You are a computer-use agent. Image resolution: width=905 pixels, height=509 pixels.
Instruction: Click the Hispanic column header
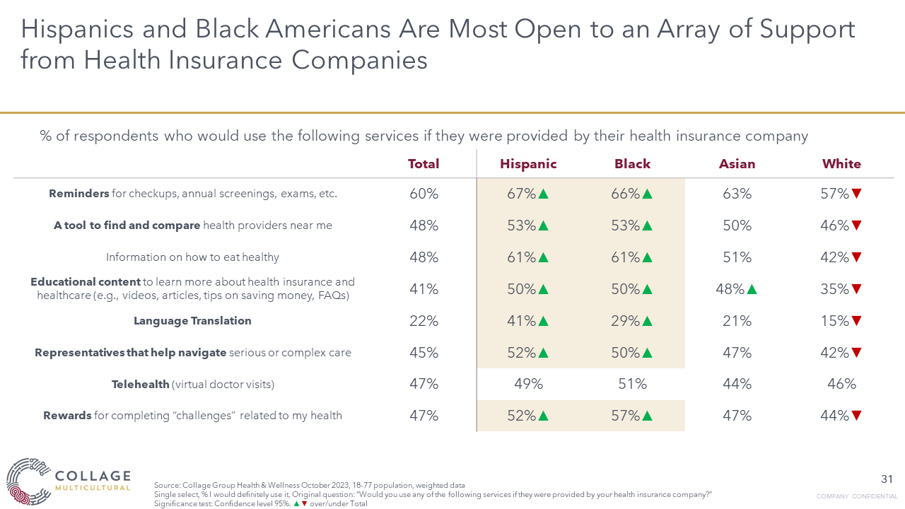pos(528,164)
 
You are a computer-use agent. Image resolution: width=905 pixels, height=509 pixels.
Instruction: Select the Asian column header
pos(737,164)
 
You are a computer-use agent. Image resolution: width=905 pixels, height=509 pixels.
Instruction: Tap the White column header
pos(841,164)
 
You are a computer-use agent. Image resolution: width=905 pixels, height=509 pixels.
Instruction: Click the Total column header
pos(424,164)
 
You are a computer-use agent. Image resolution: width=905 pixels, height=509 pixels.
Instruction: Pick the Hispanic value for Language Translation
pos(522,321)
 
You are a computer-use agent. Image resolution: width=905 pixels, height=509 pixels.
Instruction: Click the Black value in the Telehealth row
pos(632,384)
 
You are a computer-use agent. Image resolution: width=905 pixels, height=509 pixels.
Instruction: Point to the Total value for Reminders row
pos(424,194)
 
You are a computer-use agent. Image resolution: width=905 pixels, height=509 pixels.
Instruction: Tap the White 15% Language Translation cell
pos(835,321)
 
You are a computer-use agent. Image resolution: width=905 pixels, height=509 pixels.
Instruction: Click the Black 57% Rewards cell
pos(626,416)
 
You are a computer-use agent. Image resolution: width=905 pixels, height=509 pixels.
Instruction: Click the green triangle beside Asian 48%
pos(752,289)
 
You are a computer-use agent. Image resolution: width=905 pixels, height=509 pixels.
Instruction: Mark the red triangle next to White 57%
pos(857,194)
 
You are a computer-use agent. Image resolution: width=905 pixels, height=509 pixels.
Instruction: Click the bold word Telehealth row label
pos(141,385)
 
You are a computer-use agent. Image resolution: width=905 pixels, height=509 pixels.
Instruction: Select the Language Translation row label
pos(192,321)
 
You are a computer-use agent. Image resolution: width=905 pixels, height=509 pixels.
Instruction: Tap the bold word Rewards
pos(68,416)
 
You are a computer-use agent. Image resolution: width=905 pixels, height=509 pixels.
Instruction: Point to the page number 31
pos(887,479)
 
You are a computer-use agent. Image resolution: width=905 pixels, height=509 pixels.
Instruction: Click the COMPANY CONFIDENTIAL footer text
pos(856,496)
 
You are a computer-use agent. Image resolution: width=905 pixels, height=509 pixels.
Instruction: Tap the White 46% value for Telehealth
pos(841,384)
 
